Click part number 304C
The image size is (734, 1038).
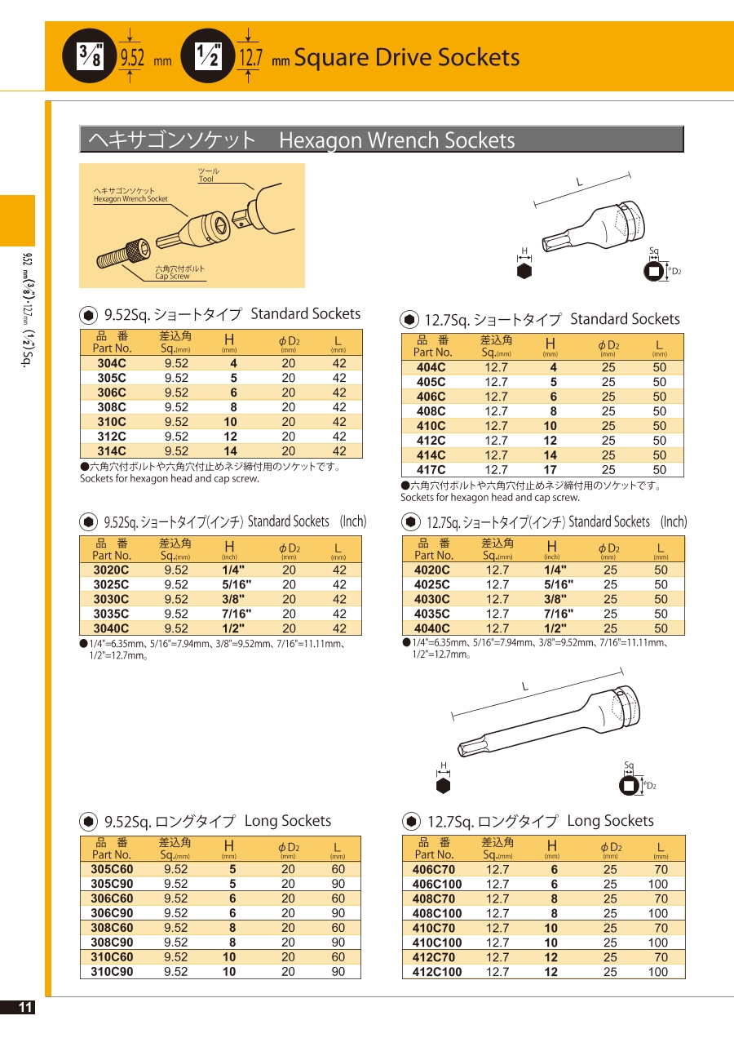tap(112, 363)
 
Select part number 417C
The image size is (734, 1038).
tap(431, 470)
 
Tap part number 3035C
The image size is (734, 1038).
tap(112, 614)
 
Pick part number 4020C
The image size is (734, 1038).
tap(432, 570)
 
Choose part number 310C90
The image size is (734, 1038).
tap(112, 972)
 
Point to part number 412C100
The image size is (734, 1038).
tap(437, 972)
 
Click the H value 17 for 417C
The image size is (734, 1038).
tap(550, 470)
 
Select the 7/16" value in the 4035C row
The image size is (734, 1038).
tap(559, 614)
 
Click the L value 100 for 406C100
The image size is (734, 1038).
tap(657, 884)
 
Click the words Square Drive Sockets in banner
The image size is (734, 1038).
tap(406, 57)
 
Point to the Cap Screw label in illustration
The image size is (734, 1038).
tap(172, 276)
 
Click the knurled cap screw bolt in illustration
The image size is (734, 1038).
tap(122, 254)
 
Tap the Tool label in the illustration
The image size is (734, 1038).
tap(206, 179)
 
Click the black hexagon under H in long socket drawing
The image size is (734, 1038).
tap(444, 785)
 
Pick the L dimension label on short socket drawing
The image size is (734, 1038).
tap(580, 181)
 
